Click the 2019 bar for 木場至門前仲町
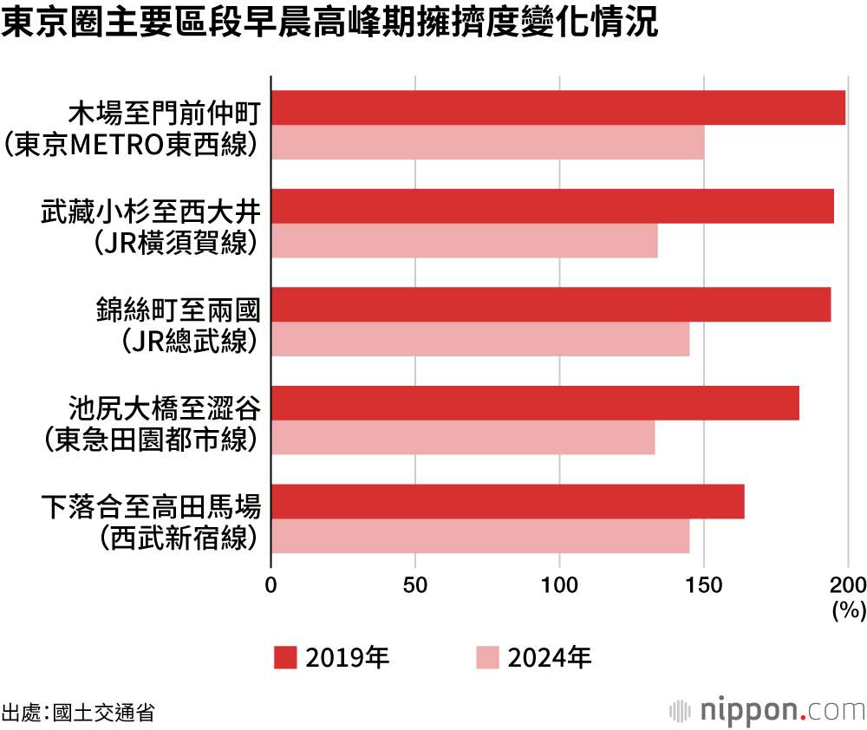[x=558, y=108]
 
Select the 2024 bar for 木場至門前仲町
[x=487, y=142]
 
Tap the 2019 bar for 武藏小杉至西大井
[x=553, y=206]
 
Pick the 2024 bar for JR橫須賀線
[x=465, y=240]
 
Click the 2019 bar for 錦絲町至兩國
[x=551, y=304]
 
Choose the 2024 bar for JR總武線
[x=480, y=339]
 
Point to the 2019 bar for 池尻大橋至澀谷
[x=536, y=403]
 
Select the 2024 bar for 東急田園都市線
[x=463, y=437]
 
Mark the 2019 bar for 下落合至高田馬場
[x=508, y=501]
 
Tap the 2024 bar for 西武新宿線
[x=480, y=536]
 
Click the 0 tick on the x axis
[x=271, y=583]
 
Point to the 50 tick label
[x=415, y=583]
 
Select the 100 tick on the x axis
[x=559, y=583]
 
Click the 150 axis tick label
[x=703, y=583]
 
